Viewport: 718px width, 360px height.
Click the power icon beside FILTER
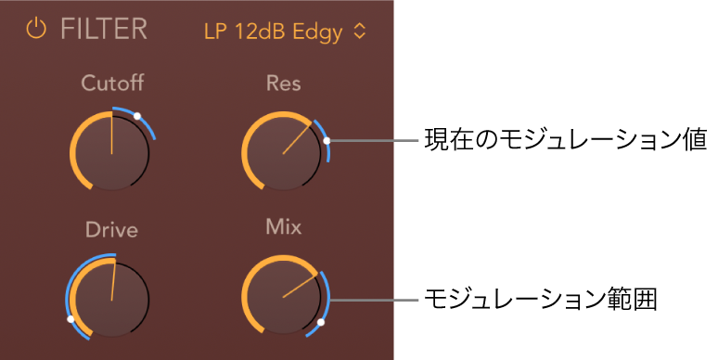coord(36,30)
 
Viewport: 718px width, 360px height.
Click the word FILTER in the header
coord(104,30)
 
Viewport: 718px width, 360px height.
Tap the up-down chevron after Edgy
coord(360,32)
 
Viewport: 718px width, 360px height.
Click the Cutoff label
coord(111,84)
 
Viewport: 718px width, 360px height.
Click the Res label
coord(283,84)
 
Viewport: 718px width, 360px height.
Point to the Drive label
coord(111,229)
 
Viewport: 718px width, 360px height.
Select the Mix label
coord(283,226)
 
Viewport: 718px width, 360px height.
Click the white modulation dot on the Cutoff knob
coord(137,116)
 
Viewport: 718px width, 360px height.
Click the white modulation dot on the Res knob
coord(327,142)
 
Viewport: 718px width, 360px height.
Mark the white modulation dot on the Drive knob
coord(71,318)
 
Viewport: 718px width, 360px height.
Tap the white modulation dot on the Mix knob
coord(320,323)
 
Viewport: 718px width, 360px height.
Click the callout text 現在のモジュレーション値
coord(565,142)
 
